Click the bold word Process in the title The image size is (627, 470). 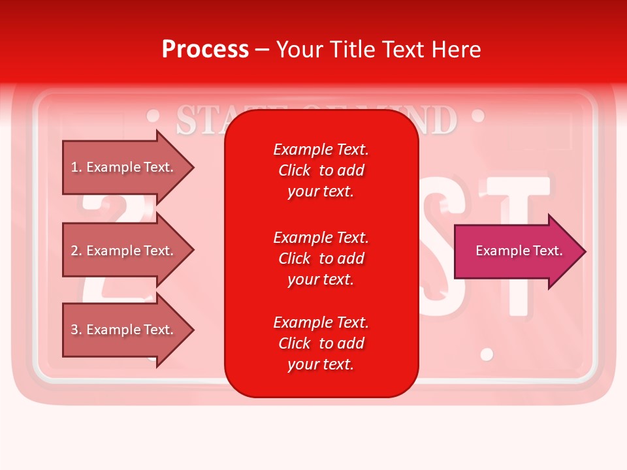pos(205,50)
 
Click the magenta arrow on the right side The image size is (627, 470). pos(516,251)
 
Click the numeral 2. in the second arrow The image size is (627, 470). pos(76,251)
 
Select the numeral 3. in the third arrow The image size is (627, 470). pos(76,330)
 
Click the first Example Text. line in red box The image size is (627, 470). pos(321,149)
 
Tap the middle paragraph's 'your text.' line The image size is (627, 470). pos(321,279)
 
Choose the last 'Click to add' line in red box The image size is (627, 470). pos(321,343)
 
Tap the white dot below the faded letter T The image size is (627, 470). pos(487,354)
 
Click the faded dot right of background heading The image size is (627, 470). pos(477,116)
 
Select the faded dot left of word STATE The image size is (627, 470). pos(153,117)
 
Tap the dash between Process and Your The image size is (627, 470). pos(262,50)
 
